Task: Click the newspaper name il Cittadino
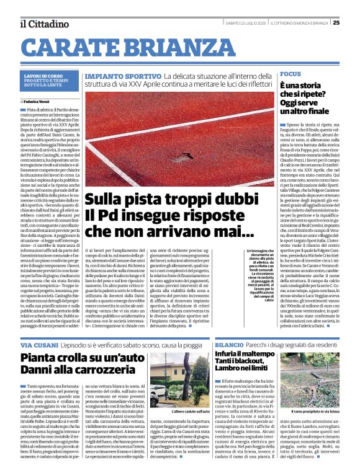(44, 24)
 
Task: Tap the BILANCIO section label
(230, 344)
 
